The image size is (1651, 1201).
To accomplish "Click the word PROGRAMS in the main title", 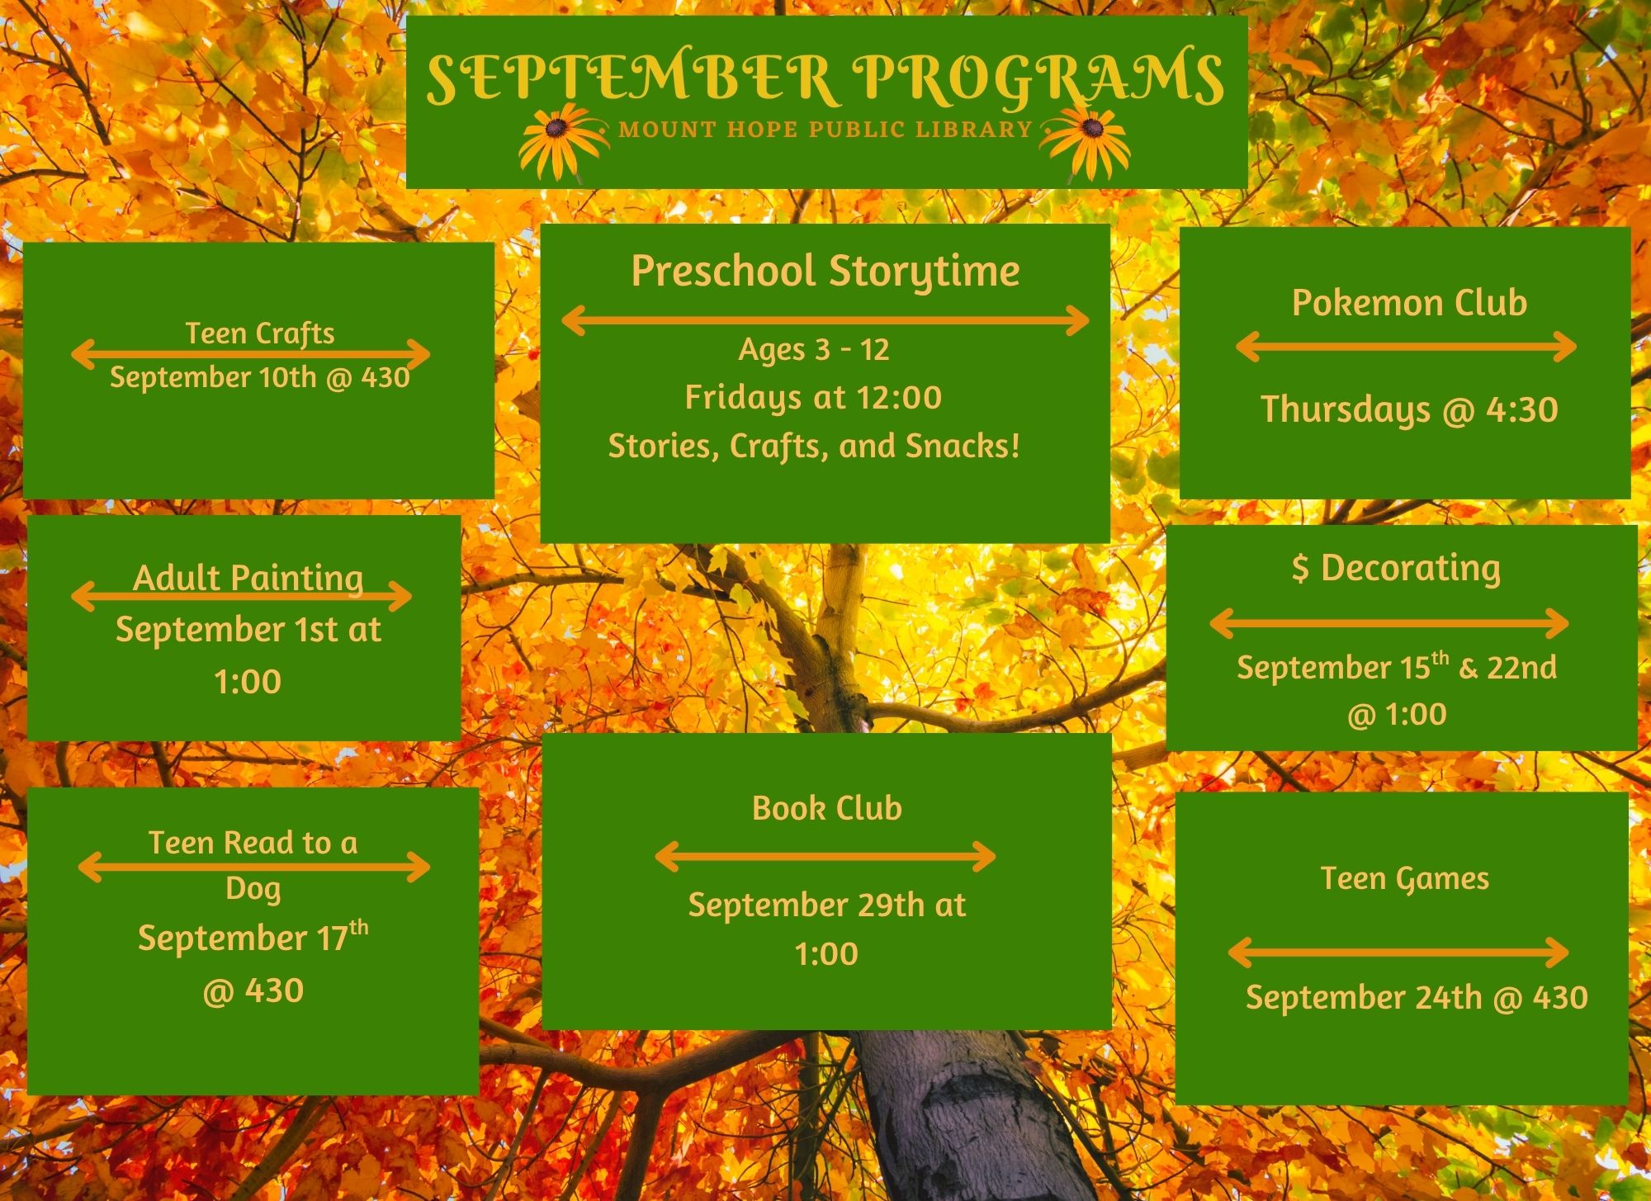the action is click(1038, 80).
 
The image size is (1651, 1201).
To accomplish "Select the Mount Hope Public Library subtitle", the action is click(825, 130).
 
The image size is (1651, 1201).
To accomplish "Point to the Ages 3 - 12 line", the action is click(814, 349).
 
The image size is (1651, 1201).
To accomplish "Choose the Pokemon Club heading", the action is click(1409, 302).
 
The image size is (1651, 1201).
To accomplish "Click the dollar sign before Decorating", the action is click(1300, 569).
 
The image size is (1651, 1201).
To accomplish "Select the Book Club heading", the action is click(826, 808).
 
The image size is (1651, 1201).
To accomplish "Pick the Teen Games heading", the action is click(1404, 879).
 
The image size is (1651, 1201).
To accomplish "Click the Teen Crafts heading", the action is click(260, 333).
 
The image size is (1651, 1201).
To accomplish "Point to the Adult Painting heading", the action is click(248, 578).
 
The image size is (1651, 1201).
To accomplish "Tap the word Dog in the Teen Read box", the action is click(253, 890).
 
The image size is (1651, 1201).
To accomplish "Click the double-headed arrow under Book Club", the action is click(825, 857).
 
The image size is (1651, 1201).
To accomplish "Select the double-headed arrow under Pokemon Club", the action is click(1407, 347).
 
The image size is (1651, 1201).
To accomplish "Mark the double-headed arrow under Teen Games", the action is click(1398, 953).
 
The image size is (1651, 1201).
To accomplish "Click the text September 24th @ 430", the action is click(1417, 998).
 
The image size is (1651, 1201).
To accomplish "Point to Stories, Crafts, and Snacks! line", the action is click(814, 447).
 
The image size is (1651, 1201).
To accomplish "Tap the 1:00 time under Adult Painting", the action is click(248, 682).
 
